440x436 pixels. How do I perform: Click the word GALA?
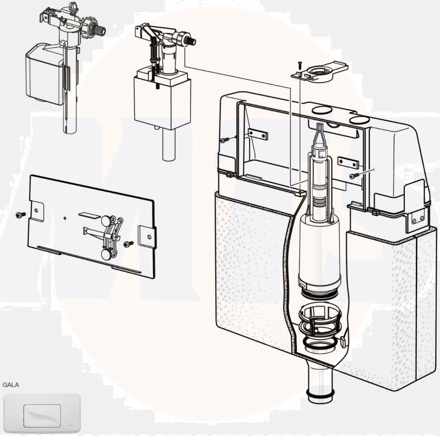(11, 384)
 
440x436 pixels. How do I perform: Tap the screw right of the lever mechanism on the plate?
(128, 244)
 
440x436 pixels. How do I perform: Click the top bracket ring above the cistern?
(320, 72)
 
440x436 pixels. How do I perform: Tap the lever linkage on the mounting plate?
(110, 233)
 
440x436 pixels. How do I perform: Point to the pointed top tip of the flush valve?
(319, 128)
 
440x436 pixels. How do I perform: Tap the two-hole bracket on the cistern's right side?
(417, 218)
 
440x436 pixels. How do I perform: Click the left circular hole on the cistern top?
(322, 110)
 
